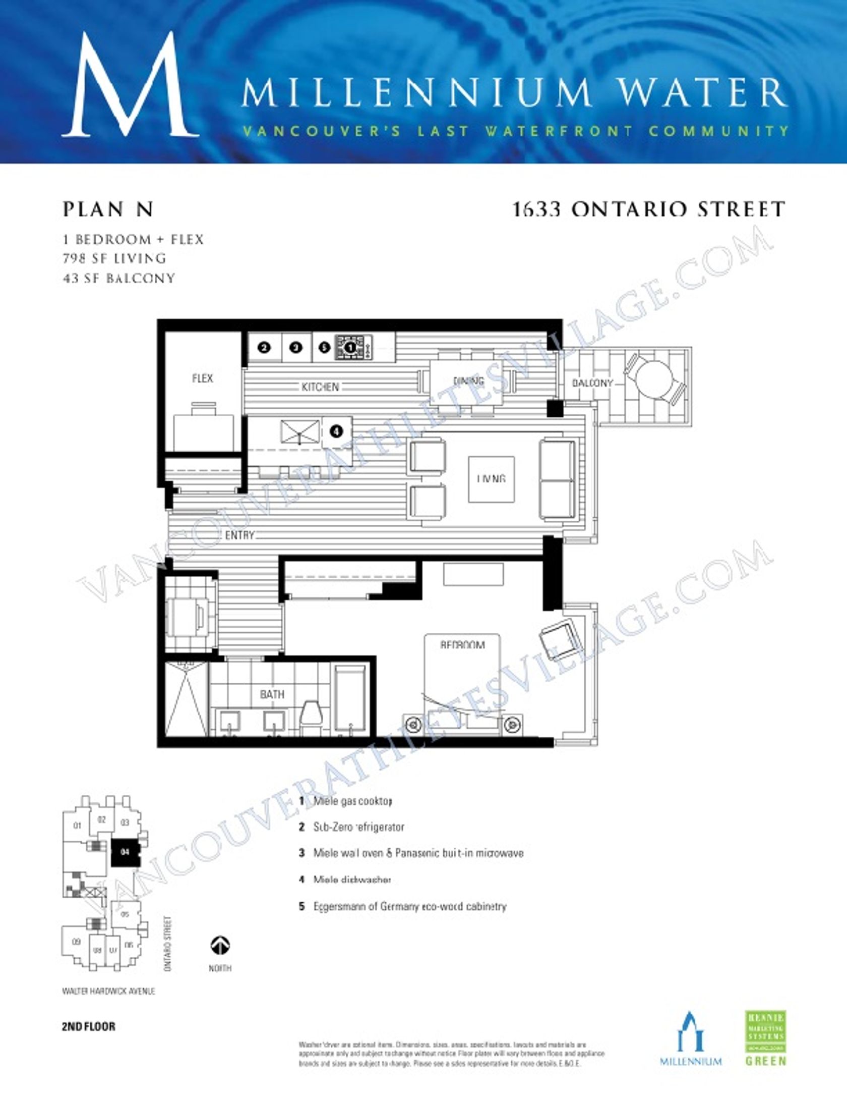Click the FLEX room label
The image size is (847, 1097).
tap(202, 378)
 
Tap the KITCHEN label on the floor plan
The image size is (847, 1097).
tap(320, 387)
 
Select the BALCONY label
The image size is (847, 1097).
tap(592, 383)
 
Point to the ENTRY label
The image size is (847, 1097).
tap(239, 535)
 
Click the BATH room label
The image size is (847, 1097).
tap(272, 695)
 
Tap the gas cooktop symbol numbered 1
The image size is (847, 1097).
tap(350, 347)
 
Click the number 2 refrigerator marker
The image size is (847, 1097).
tap(264, 347)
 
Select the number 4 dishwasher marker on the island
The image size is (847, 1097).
tap(336, 431)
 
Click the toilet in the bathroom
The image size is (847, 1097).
tap(311, 717)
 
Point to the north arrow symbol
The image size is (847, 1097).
tap(220, 945)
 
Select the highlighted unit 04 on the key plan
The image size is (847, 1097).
tap(125, 853)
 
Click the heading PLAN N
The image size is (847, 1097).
tap(108, 210)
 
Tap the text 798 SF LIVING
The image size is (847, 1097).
tap(114, 258)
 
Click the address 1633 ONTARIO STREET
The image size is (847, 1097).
tap(648, 209)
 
